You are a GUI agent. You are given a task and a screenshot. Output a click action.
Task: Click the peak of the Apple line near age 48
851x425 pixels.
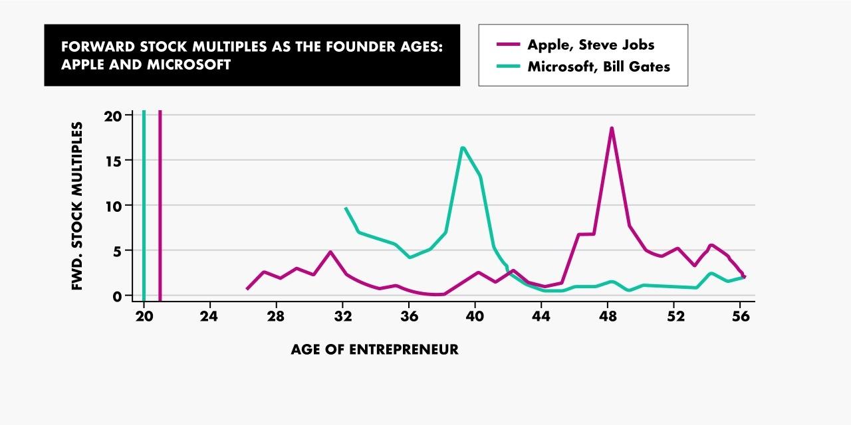pyautogui.click(x=612, y=128)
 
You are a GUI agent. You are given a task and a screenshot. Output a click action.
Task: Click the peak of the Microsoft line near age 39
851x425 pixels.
pyautogui.click(x=462, y=147)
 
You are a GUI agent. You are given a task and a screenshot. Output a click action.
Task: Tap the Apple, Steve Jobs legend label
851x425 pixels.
pyautogui.click(x=590, y=44)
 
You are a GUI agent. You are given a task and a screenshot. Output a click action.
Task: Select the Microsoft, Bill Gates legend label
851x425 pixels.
pyautogui.click(x=598, y=66)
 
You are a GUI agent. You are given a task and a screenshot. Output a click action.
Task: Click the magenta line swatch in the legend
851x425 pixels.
pyautogui.click(x=508, y=44)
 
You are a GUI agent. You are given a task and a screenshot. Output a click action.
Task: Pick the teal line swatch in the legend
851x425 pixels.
pyautogui.click(x=508, y=66)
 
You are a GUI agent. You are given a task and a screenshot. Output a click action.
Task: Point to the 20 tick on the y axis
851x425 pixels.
pyautogui.click(x=114, y=116)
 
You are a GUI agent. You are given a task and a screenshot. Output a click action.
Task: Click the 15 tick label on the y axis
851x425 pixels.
pyautogui.click(x=114, y=161)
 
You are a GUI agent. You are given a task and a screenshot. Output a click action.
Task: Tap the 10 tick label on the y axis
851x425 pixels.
pyautogui.click(x=114, y=206)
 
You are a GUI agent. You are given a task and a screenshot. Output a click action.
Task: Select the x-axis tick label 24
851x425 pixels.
pyautogui.click(x=209, y=317)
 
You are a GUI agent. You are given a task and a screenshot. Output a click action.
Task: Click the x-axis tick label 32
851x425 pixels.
pyautogui.click(x=342, y=317)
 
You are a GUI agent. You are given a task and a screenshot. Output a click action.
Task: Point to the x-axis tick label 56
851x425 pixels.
pyautogui.click(x=741, y=317)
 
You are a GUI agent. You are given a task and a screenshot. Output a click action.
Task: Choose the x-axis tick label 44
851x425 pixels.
pyautogui.click(x=541, y=317)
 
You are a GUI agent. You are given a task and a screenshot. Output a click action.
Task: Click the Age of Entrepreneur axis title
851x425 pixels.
pyautogui.click(x=374, y=349)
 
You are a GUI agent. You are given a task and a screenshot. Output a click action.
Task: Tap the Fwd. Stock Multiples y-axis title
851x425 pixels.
pyautogui.click(x=77, y=206)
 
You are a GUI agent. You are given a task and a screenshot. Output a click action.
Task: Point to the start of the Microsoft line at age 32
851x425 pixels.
pyautogui.click(x=346, y=209)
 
